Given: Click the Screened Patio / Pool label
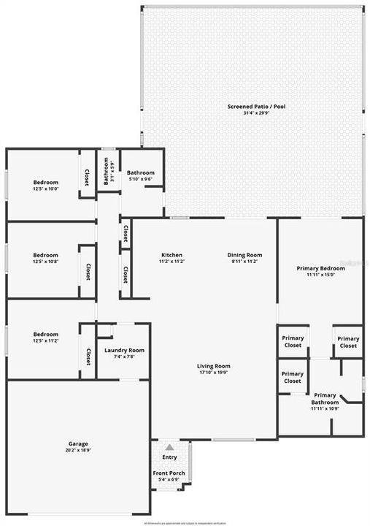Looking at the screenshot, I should (255, 107).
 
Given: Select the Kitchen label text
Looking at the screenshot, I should (171, 255).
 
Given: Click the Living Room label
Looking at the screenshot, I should (214, 366).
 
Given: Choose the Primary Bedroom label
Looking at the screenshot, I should (320, 268).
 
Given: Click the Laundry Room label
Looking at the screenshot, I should (124, 351).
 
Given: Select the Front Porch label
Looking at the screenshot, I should (169, 473).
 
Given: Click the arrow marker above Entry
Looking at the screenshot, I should (169, 448).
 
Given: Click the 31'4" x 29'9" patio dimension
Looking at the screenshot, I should (255, 113).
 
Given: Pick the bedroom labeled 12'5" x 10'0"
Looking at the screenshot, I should (45, 183).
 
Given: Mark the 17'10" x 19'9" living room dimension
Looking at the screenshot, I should (214, 373).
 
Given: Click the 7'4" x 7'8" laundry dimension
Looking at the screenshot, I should (124, 357).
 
